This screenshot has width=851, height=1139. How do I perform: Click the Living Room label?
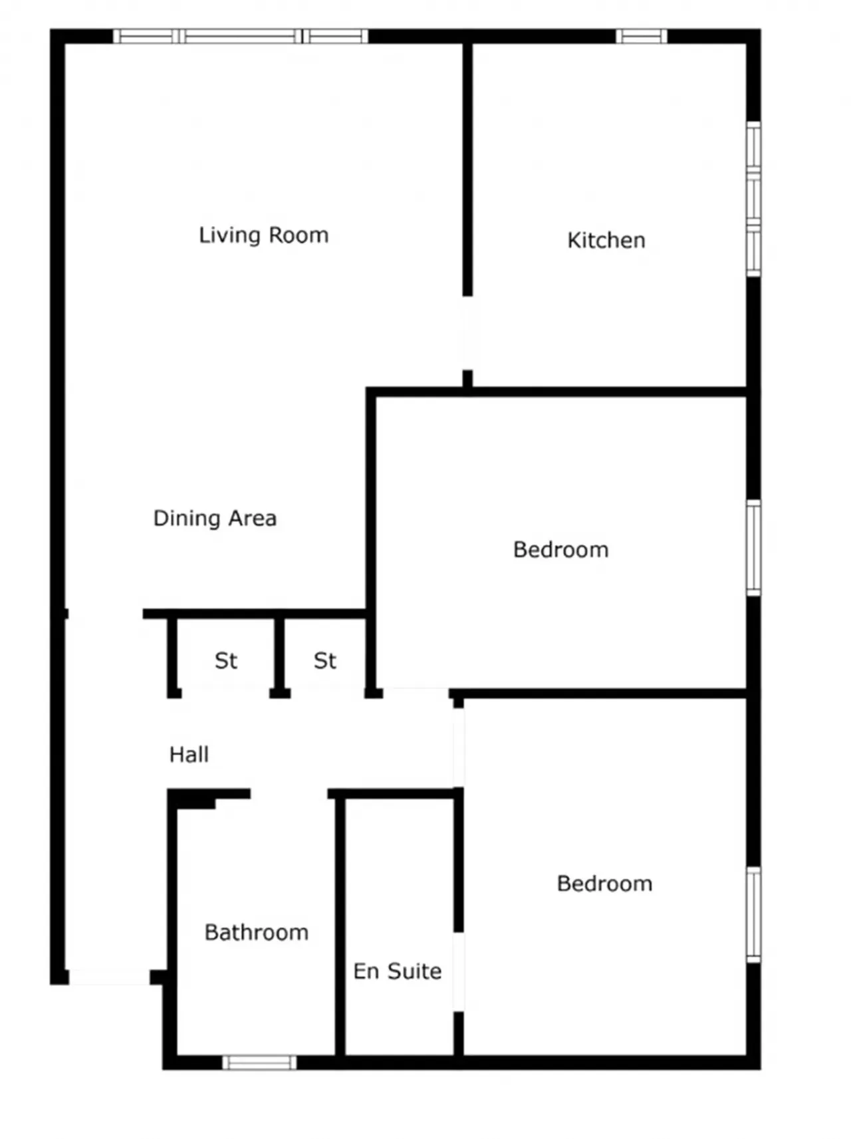tap(264, 235)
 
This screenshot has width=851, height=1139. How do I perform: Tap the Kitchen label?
tap(606, 240)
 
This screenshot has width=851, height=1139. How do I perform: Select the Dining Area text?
tap(215, 518)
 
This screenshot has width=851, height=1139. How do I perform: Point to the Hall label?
tap(189, 755)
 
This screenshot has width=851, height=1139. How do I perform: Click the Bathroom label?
tap(257, 932)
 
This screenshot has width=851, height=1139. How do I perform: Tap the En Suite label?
tap(398, 971)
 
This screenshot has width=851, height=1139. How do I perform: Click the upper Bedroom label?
tap(561, 550)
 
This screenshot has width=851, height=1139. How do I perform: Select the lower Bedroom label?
tap(605, 884)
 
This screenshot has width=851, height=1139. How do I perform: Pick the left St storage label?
tap(226, 661)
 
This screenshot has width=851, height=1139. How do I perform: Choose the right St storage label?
tap(325, 661)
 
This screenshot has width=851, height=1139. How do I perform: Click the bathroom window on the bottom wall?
tap(259, 1063)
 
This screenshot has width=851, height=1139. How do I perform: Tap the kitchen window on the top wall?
tap(641, 36)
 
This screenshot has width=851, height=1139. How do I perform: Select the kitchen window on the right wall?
tap(753, 199)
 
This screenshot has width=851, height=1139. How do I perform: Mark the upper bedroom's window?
tap(753, 548)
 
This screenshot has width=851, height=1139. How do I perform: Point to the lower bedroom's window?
tap(753, 915)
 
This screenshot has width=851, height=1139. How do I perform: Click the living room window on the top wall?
tap(241, 36)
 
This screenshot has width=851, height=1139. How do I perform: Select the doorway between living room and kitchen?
tap(467, 333)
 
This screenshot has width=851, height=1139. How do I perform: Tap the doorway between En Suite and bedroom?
tap(458, 972)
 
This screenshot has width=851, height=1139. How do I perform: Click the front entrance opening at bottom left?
tap(109, 977)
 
